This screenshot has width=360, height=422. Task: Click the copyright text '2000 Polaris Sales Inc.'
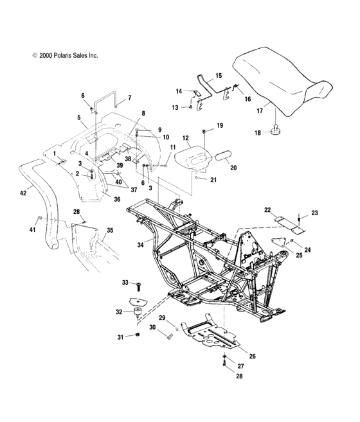(64, 56)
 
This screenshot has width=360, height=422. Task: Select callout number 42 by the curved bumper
(23, 192)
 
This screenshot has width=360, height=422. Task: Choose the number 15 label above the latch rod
(218, 76)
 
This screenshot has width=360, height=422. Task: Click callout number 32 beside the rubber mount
(118, 312)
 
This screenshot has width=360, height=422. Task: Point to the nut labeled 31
(138, 337)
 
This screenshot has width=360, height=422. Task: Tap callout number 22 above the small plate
(267, 210)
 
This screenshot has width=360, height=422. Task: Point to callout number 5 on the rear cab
(79, 118)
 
